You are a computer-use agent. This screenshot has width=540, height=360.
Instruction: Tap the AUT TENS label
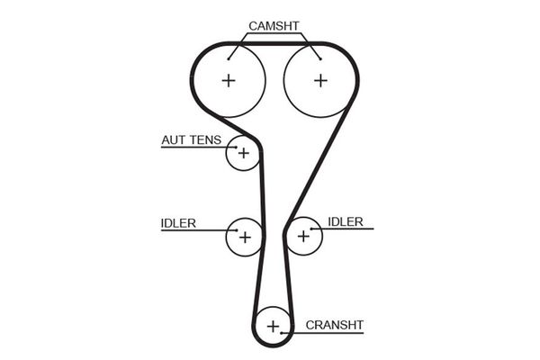coord(191,140)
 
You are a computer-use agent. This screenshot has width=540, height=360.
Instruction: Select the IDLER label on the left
coord(178,222)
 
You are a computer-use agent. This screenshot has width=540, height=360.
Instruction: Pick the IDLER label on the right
coord(346,221)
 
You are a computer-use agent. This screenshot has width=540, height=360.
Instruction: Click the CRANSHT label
coord(334,324)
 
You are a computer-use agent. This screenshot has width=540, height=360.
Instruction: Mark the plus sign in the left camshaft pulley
coord(229,80)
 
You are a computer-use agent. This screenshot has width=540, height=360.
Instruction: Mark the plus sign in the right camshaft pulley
coord(320,80)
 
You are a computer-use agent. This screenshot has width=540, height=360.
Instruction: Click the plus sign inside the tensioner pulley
coord(242,153)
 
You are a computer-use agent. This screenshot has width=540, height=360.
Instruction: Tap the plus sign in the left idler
coord(243,237)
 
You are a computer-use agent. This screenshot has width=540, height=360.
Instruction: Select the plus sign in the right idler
coord(303,236)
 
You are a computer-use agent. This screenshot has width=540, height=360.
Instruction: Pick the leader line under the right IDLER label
coord(346,229)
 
